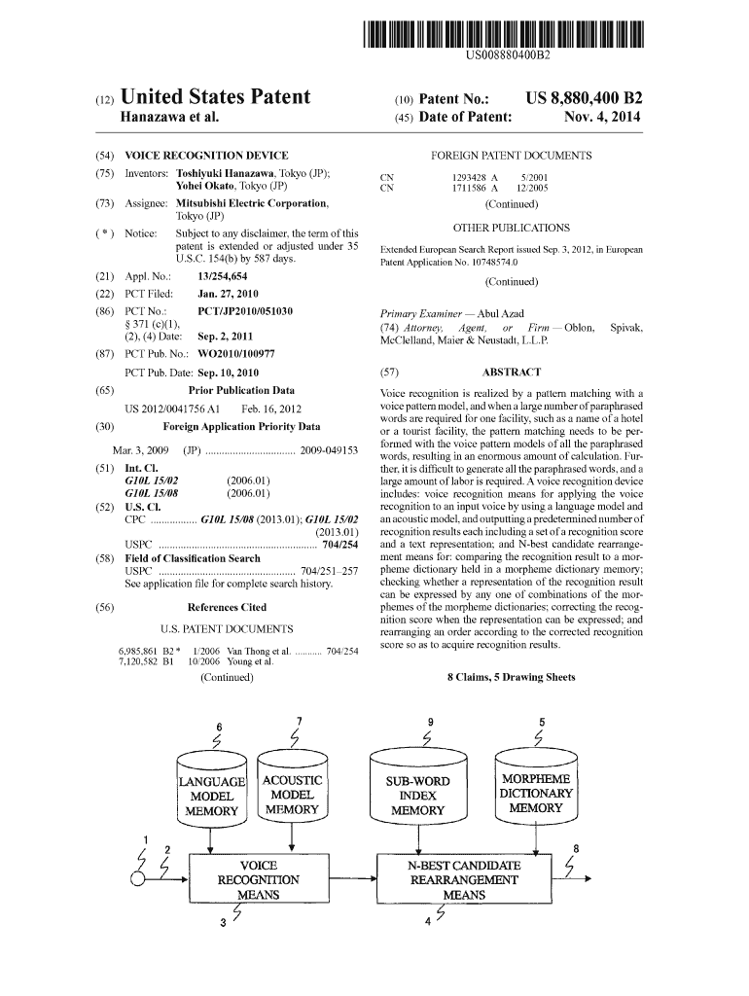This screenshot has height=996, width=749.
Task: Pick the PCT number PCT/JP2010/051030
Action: [245, 311]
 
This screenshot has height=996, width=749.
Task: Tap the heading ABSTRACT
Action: [512, 372]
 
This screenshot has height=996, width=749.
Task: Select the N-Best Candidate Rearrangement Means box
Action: [463, 879]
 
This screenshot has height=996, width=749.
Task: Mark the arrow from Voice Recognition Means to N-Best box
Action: [352, 878]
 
